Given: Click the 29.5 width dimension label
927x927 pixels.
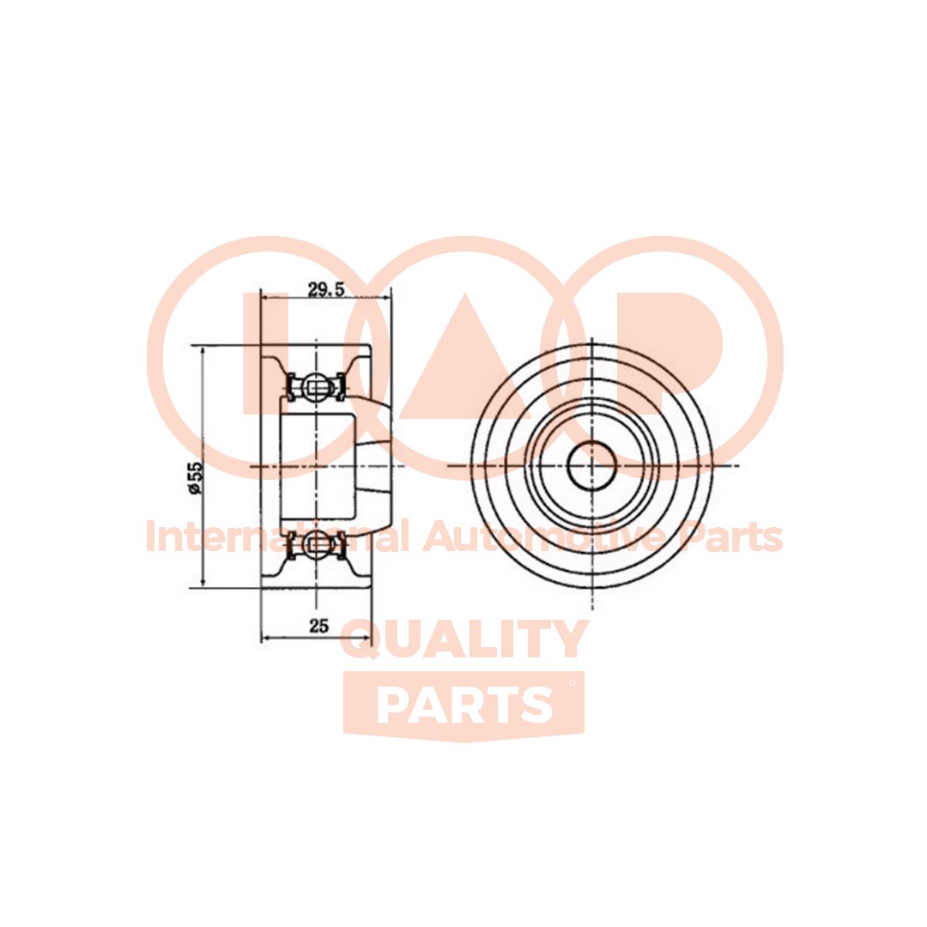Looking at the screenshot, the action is pos(326,289).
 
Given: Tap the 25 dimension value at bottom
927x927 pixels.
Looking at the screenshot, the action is pos(318,626).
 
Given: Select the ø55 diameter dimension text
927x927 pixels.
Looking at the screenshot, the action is pos(195,478).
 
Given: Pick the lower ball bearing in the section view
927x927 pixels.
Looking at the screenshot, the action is pos(316,543).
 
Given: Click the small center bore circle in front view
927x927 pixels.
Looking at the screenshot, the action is pos(592,465).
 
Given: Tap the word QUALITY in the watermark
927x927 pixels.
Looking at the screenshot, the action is pos(463,639).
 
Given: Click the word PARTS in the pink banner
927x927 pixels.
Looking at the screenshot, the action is pos(464,706).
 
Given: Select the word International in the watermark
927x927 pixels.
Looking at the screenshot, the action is pos(277,536).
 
